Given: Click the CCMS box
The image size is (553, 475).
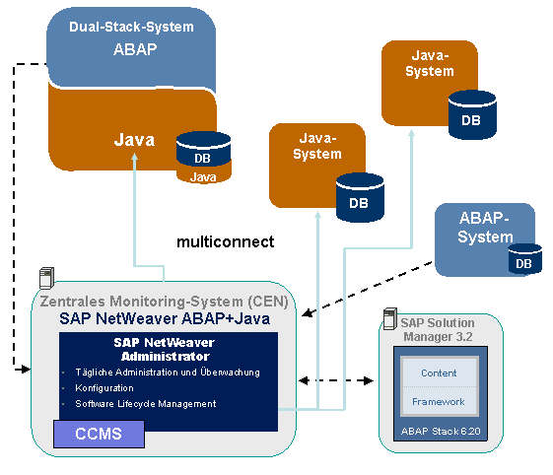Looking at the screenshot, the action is pyautogui.click(x=99, y=434).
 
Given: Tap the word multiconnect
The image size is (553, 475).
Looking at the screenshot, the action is pyautogui.click(x=226, y=241).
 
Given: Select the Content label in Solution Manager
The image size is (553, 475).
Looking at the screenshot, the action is pyautogui.click(x=439, y=373).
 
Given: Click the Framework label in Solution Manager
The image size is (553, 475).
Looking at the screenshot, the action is pyautogui.click(x=439, y=402).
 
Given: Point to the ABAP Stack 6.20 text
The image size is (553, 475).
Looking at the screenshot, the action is pyautogui.click(x=441, y=431).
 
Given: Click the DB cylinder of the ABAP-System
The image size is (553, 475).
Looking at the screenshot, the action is pyautogui.click(x=524, y=259).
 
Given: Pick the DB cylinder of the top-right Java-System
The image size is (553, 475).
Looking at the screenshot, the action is pyautogui.click(x=472, y=114).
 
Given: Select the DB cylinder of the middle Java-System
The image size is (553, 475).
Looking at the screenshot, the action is pyautogui.click(x=360, y=197).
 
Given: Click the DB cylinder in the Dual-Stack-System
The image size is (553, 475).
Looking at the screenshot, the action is pyautogui.click(x=203, y=158).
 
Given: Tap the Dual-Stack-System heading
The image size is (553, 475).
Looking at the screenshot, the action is pyautogui.click(x=131, y=27).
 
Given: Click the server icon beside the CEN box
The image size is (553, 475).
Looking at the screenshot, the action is pyautogui.click(x=46, y=278).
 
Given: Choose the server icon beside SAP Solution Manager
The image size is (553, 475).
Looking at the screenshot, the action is pyautogui.click(x=390, y=318).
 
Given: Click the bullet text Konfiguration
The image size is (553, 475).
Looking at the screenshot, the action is pyautogui.click(x=104, y=388).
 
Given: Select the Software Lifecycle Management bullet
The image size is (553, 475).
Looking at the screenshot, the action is pyautogui.click(x=146, y=404).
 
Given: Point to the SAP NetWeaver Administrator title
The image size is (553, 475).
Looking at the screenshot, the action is pyautogui.click(x=165, y=349).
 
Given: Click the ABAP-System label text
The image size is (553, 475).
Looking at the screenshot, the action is pyautogui.click(x=485, y=227).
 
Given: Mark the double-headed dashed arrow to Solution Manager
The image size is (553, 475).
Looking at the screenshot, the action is pyautogui.click(x=336, y=380).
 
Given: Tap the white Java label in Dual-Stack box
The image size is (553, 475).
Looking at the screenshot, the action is pyautogui.click(x=134, y=140).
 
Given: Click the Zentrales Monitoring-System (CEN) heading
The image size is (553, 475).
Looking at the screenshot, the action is pyautogui.click(x=164, y=302).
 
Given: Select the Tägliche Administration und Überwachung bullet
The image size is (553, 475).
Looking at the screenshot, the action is pyautogui.click(x=168, y=373).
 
